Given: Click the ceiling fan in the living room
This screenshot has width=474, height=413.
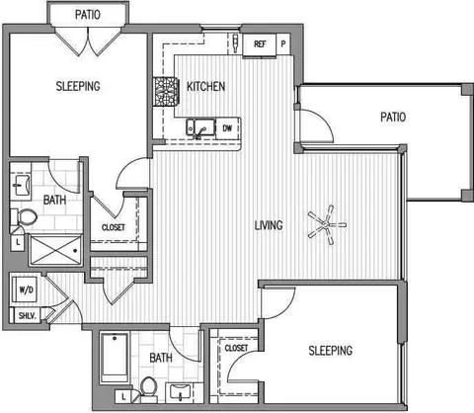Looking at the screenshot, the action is tap(326, 225).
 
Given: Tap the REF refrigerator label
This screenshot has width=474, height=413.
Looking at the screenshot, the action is tap(260, 43).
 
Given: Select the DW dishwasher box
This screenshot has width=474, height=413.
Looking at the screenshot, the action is tap(228, 127).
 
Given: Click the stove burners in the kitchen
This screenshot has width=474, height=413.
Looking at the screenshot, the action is tap(166, 92).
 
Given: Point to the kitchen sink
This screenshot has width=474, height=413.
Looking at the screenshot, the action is tap(200, 127).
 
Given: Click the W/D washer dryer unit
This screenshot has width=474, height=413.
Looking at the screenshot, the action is tap(25, 289).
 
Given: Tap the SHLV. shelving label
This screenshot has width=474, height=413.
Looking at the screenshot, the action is tap(28, 316).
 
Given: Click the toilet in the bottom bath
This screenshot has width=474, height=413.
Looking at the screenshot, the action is tap(148, 389).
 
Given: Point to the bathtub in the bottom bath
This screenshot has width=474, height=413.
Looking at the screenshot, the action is tap(115, 358).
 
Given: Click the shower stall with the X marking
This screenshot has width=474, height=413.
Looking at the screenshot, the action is tap(55, 250).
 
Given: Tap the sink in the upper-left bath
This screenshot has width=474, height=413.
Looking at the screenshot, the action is tap(21, 187).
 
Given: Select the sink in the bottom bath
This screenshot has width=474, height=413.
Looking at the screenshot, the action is tap(180, 392).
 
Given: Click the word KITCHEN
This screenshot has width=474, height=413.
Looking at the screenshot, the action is tap(206, 87).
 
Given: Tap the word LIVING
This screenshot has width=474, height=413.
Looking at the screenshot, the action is tap(269, 225).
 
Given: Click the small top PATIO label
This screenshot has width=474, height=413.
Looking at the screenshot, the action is tap(88, 15).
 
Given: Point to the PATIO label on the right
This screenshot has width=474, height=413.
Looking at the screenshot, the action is tap(393, 117).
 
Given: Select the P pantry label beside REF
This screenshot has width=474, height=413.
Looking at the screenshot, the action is tap(283, 43).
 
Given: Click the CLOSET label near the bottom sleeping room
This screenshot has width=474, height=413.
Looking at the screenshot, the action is tap(236, 348).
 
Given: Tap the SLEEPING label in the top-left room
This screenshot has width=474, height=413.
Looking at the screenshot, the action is tap(78, 86).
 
